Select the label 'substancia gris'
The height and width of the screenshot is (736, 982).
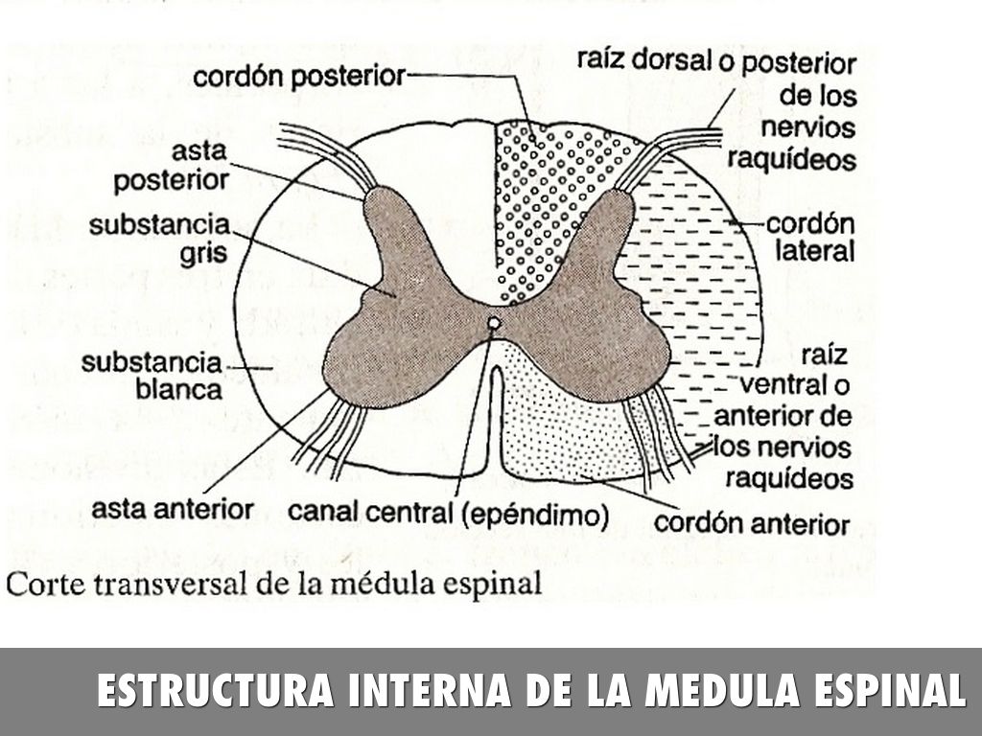coord(159,240)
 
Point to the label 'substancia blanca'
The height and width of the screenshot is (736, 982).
coord(152,377)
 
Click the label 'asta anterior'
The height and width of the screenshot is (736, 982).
coord(173,508)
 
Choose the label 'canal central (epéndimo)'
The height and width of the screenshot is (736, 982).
coord(449,515)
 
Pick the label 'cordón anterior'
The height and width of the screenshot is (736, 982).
coord(751,524)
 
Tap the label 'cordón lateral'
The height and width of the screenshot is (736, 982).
coord(810,239)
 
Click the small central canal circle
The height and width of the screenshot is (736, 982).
coord(493,324)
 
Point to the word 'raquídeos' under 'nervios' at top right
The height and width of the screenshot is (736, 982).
coord(791,158)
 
